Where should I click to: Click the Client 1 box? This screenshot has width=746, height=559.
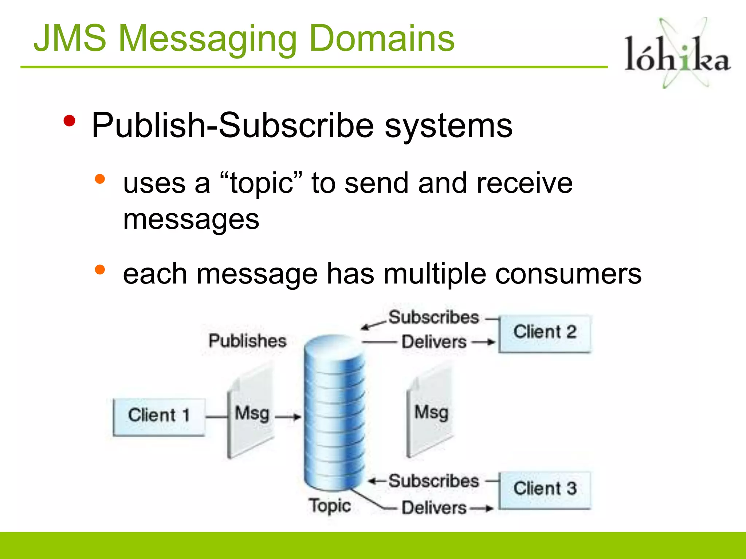pyautogui.click(x=159, y=417)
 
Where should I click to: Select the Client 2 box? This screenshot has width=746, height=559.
pyautogui.click(x=545, y=333)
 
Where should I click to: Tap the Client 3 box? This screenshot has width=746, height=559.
pyautogui.click(x=545, y=490)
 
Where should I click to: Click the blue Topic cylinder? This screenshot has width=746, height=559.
pyautogui.click(x=334, y=411)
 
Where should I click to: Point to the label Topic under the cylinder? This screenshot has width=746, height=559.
pyautogui.click(x=330, y=506)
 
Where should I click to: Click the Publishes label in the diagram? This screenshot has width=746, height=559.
pyautogui.click(x=247, y=341)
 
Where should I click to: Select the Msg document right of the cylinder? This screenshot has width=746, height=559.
pyautogui.click(x=431, y=413)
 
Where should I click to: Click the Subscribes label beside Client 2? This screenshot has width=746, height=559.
pyautogui.click(x=433, y=317)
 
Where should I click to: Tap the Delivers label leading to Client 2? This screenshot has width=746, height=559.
pyautogui.click(x=434, y=342)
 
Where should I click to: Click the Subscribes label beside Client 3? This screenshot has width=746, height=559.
pyautogui.click(x=433, y=481)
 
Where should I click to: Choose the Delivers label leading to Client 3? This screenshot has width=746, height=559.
pyautogui.click(x=434, y=508)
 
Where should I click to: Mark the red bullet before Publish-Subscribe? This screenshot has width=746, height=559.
pyautogui.click(x=69, y=121)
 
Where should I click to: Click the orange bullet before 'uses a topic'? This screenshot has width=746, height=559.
pyautogui.click(x=99, y=179)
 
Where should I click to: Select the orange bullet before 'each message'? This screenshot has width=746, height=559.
pyautogui.click(x=99, y=270)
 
